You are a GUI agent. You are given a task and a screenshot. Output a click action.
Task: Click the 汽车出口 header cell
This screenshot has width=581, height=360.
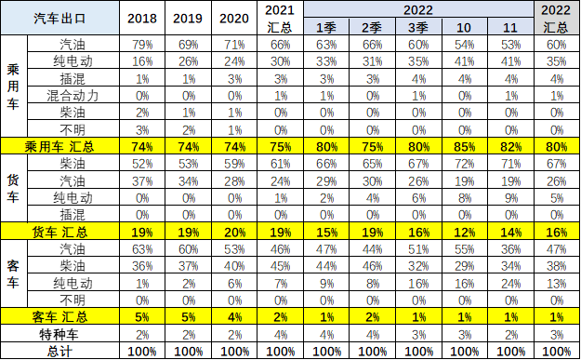tap(61, 19)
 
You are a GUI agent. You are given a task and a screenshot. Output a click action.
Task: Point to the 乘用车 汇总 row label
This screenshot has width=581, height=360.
tap(61, 146)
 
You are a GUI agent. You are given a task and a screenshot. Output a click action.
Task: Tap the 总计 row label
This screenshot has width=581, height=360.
tap(61, 352)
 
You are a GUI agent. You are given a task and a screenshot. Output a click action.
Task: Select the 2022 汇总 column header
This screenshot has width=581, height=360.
tap(556, 19)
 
